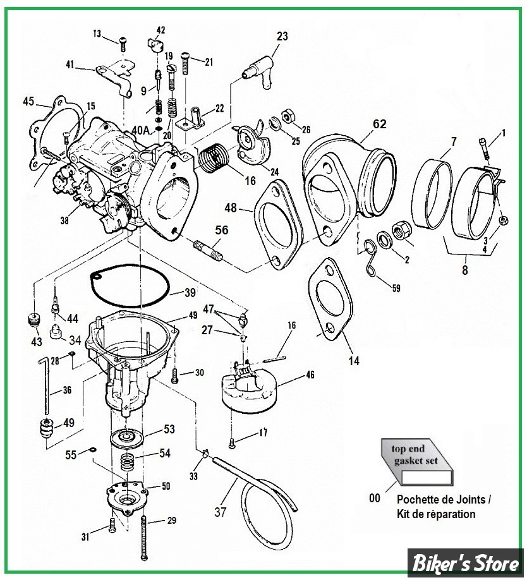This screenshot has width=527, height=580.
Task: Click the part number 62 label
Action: [x=379, y=124]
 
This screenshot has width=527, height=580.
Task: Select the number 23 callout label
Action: [x=282, y=37]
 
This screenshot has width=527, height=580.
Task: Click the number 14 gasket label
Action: [x=354, y=361]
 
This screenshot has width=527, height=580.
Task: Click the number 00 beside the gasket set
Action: [x=375, y=498]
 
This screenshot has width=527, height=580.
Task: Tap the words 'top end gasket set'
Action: [x=414, y=455]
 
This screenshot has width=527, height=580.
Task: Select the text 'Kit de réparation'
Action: [x=437, y=514]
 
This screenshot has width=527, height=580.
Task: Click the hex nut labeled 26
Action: [x=285, y=116]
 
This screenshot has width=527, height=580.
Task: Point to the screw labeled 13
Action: [x=121, y=43]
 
